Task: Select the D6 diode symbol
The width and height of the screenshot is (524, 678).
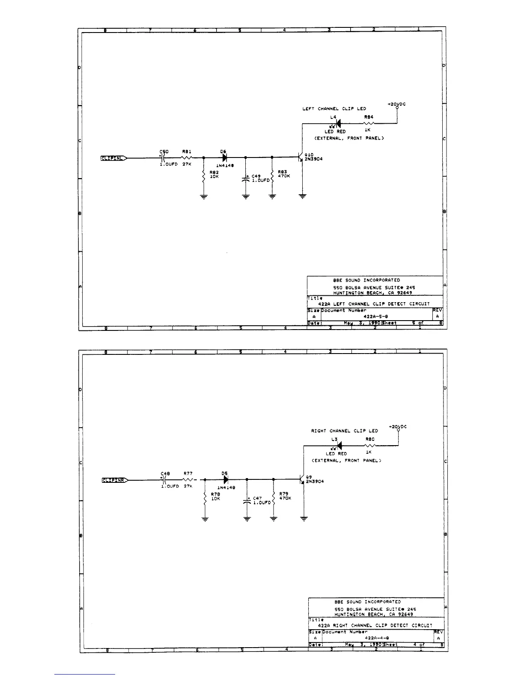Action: coord(224,158)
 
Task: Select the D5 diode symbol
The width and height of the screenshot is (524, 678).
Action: coord(226,480)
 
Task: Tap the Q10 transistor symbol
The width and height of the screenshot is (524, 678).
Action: coord(301,158)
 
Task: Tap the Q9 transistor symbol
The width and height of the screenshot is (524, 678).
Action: coord(302,480)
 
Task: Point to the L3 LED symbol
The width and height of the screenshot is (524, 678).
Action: coord(339,446)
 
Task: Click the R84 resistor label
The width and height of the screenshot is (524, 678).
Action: coord(369,117)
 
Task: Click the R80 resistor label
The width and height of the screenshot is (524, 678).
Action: coord(370,439)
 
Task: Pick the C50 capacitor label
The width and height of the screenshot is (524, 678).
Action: coord(164,152)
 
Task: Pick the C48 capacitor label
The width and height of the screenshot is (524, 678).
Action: coord(165,474)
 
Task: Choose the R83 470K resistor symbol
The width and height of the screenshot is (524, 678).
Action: coord(272,175)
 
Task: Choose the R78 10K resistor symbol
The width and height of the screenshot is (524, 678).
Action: coord(205,498)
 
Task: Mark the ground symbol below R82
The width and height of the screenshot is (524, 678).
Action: coord(203,197)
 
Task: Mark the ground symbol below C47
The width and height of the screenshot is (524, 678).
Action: coord(247,519)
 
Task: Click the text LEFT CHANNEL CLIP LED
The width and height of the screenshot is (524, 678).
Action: coord(334,109)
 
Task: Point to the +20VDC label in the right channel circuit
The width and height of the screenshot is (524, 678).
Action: coord(398,427)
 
